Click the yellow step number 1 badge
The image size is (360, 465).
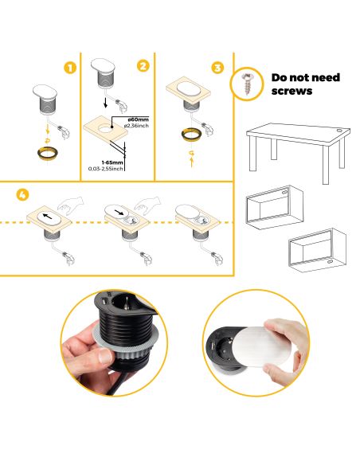[x=71, y=68]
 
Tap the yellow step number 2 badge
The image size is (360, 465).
[x=143, y=66]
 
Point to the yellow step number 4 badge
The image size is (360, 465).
[x=22, y=193]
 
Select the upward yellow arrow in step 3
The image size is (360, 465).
[x=193, y=158]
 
